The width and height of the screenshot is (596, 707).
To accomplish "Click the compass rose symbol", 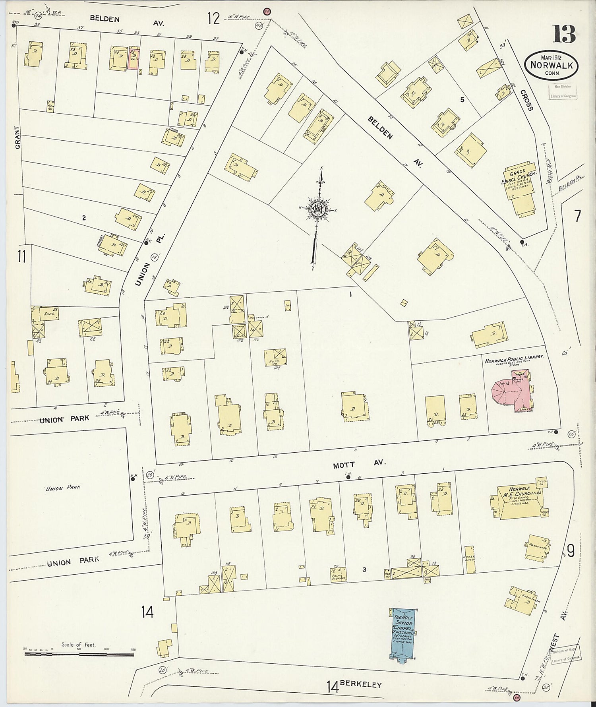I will click(318, 208).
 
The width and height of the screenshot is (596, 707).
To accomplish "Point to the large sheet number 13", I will click(563, 35).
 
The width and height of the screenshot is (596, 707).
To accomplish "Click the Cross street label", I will click(526, 101).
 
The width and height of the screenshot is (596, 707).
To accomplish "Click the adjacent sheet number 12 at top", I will click(213, 18).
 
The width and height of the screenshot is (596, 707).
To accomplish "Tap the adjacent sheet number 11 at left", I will click(21, 257).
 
